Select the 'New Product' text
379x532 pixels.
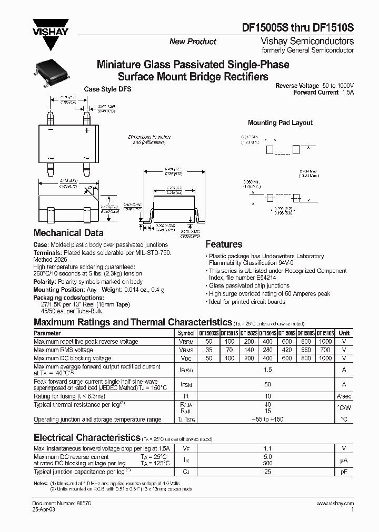point(192,42)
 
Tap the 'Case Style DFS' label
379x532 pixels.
point(108,89)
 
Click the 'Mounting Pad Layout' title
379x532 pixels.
point(280,122)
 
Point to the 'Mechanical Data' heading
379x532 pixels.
point(68,233)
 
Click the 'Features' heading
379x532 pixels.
point(224,244)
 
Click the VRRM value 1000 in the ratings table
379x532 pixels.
point(325,342)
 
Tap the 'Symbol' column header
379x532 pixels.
point(186,333)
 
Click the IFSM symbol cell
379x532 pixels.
point(186,384)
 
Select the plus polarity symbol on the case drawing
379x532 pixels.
point(87,129)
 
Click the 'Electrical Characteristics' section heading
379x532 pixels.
point(87,437)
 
